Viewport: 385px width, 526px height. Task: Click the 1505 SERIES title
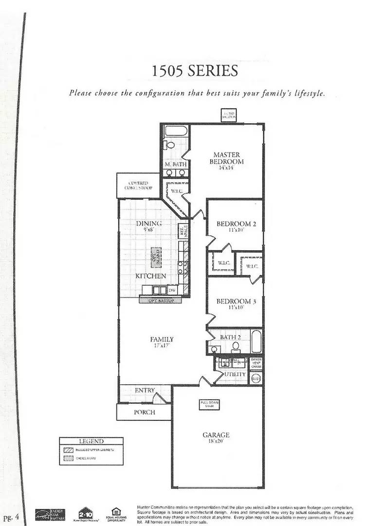pyautogui.click(x=195, y=71)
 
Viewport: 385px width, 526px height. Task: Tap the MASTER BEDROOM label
pyautogui.click(x=226, y=158)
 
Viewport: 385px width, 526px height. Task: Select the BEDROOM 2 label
pyautogui.click(x=236, y=224)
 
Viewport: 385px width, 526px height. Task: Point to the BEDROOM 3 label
pyautogui.click(x=236, y=301)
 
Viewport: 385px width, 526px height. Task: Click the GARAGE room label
pyautogui.click(x=216, y=435)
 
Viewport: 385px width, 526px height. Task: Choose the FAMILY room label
pyautogui.click(x=162, y=339)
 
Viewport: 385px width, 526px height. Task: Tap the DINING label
pyautogui.click(x=149, y=224)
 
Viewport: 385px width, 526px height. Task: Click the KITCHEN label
pyautogui.click(x=151, y=276)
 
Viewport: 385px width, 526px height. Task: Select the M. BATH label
pyautogui.click(x=175, y=165)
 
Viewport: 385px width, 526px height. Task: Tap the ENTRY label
pyautogui.click(x=145, y=390)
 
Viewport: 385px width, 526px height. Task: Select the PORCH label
pyautogui.click(x=145, y=412)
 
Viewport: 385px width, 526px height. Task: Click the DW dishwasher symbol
pyautogui.click(x=171, y=290)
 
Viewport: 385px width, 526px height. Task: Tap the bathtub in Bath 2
pyautogui.click(x=256, y=341)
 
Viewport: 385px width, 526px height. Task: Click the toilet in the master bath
pyautogui.click(x=170, y=145)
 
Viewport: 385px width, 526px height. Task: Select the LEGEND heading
pyautogui.click(x=88, y=441)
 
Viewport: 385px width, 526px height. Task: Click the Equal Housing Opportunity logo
pyautogui.click(x=116, y=512)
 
